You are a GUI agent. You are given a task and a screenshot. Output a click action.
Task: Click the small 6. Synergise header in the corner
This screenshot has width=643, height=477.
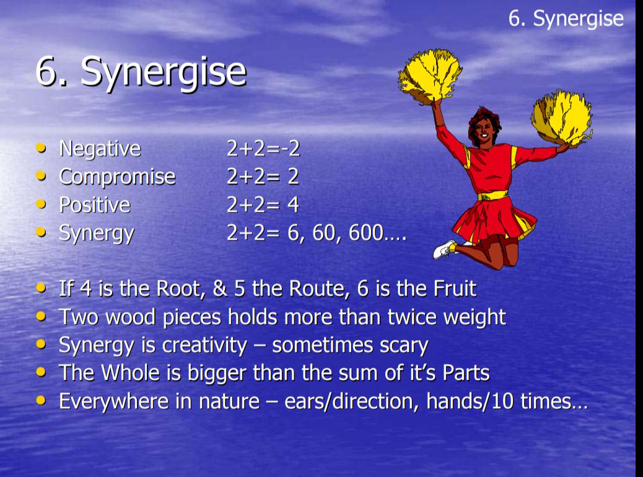pyautogui.click(x=566, y=19)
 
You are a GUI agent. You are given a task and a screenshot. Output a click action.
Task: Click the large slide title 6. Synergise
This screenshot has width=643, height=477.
pyautogui.click(x=141, y=72)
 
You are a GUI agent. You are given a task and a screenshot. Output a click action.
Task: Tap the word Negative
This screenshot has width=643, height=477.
pyautogui.click(x=100, y=149)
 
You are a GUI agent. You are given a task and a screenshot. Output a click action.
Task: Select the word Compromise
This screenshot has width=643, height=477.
pyautogui.click(x=117, y=177)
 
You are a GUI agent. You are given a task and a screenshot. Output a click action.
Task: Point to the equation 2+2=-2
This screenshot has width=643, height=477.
pyautogui.click(x=263, y=149)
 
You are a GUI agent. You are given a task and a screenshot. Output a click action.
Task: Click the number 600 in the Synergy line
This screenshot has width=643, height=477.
pyautogui.click(x=365, y=232)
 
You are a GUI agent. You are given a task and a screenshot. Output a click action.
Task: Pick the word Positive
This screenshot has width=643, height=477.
pyautogui.click(x=95, y=204)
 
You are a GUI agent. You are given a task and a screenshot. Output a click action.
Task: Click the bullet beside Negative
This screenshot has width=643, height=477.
pyautogui.click(x=41, y=147)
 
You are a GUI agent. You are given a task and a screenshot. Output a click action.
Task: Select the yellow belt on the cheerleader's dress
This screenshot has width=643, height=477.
pyautogui.click(x=493, y=196)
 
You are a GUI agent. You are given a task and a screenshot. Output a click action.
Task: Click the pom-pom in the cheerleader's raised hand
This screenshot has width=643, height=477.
pyautogui.click(x=430, y=76)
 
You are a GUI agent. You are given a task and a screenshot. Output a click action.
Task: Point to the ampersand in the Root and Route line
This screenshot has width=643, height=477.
pyautogui.click(x=220, y=288)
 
